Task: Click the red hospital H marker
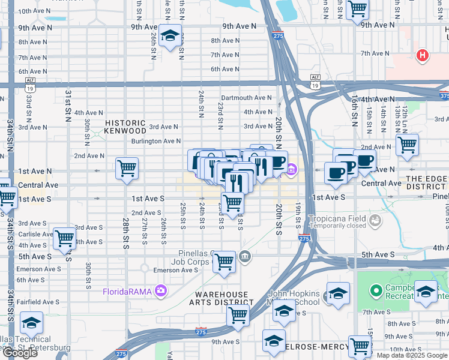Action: click(x=423, y=56)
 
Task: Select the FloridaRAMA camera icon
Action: click(x=160, y=292)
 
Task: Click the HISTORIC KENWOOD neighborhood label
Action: click(x=125, y=127)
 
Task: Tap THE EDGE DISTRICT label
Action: click(x=427, y=183)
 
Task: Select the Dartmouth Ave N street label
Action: click(x=246, y=98)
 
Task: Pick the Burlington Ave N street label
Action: click(x=157, y=141)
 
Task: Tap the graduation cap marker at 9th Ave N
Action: click(x=170, y=35)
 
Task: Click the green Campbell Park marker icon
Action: click(x=376, y=291)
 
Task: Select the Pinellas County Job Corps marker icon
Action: click(x=245, y=257)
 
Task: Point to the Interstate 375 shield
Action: click(x=444, y=95)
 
